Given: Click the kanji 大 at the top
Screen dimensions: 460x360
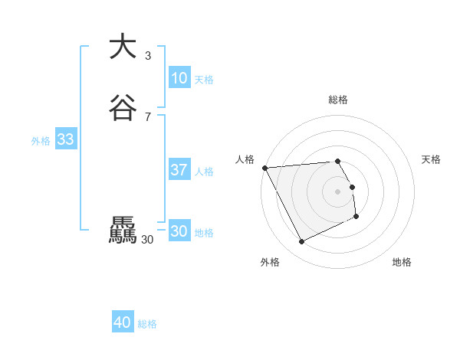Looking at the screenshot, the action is [123, 46].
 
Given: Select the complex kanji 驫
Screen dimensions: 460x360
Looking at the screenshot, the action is [123, 231].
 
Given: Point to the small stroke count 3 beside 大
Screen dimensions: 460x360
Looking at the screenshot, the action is [148, 55].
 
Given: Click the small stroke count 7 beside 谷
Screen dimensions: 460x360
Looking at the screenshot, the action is [148, 116].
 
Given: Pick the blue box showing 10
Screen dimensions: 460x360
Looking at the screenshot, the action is [179, 78].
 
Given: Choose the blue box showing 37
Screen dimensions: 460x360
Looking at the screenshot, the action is [179, 170].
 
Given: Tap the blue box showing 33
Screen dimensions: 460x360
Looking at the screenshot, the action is [65, 139].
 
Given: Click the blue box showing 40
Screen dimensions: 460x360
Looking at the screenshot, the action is [123, 323].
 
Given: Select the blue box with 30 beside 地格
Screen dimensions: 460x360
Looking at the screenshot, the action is [179, 231].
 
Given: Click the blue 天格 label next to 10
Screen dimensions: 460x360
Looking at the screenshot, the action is [204, 80].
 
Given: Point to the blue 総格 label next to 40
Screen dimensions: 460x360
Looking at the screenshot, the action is [147, 325].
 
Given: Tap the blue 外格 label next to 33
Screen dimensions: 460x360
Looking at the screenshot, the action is [41, 141].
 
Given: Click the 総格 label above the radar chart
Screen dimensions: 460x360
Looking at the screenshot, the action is [338, 100].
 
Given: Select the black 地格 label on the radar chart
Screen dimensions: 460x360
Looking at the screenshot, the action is [402, 263].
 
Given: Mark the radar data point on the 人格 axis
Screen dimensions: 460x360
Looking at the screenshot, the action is [264, 168].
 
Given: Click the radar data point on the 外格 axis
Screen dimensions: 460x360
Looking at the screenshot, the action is [301, 242].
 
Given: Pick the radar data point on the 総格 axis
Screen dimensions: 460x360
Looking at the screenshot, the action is [338, 162].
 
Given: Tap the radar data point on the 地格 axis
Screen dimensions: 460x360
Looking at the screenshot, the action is [356, 217].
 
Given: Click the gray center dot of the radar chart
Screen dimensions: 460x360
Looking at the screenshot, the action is [338, 191].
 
